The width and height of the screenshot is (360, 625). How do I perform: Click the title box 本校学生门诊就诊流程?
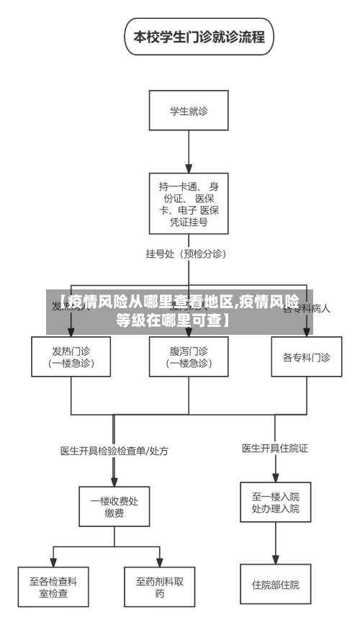click(x=199, y=37)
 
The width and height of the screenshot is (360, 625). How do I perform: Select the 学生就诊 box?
click(x=189, y=111)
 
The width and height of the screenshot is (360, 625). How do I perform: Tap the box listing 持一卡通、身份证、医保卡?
click(x=189, y=203)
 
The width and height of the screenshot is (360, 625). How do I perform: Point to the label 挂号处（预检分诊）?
click(x=186, y=253)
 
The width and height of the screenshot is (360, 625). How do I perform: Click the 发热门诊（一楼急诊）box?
click(x=71, y=356)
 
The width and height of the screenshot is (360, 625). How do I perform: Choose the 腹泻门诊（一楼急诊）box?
click(x=189, y=356)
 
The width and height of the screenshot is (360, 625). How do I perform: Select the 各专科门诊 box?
click(x=306, y=356)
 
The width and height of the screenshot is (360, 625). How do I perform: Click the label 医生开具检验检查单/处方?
click(x=114, y=451)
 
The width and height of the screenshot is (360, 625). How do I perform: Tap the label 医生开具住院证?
click(x=274, y=448)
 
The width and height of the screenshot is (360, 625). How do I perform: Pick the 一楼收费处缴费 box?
click(x=114, y=507)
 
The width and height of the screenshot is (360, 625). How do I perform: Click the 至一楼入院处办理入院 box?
click(x=275, y=502)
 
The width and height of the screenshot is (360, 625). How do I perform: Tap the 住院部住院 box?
click(x=275, y=584)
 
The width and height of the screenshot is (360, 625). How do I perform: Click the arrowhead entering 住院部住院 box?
click(x=275, y=559)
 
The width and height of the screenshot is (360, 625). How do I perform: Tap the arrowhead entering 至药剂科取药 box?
click(x=160, y=562)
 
